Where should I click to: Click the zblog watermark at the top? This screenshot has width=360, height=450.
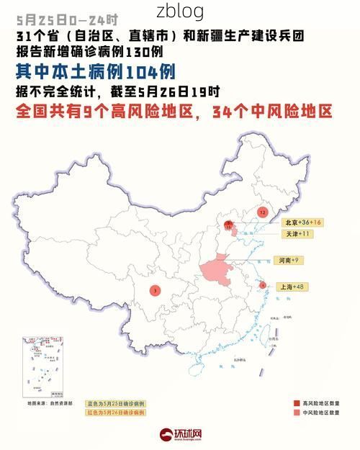[x=180, y=12]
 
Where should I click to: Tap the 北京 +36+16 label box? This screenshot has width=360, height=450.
[x=302, y=222]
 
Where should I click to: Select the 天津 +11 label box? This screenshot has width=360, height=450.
[x=297, y=234]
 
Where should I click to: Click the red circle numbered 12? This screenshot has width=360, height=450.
[x=263, y=212]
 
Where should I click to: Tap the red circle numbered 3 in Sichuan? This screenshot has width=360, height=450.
[x=155, y=290]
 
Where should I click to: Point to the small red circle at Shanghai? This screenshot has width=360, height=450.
[x=263, y=285]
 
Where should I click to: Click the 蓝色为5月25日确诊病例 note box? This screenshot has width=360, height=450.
[x=116, y=403]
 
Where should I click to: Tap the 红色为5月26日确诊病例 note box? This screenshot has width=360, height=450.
[x=116, y=413]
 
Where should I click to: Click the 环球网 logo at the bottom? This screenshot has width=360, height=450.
[x=181, y=435]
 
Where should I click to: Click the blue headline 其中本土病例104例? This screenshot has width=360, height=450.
[x=95, y=71]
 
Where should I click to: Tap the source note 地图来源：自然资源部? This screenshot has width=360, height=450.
[x=50, y=403]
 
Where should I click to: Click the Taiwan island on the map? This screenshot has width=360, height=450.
[x=271, y=336]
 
